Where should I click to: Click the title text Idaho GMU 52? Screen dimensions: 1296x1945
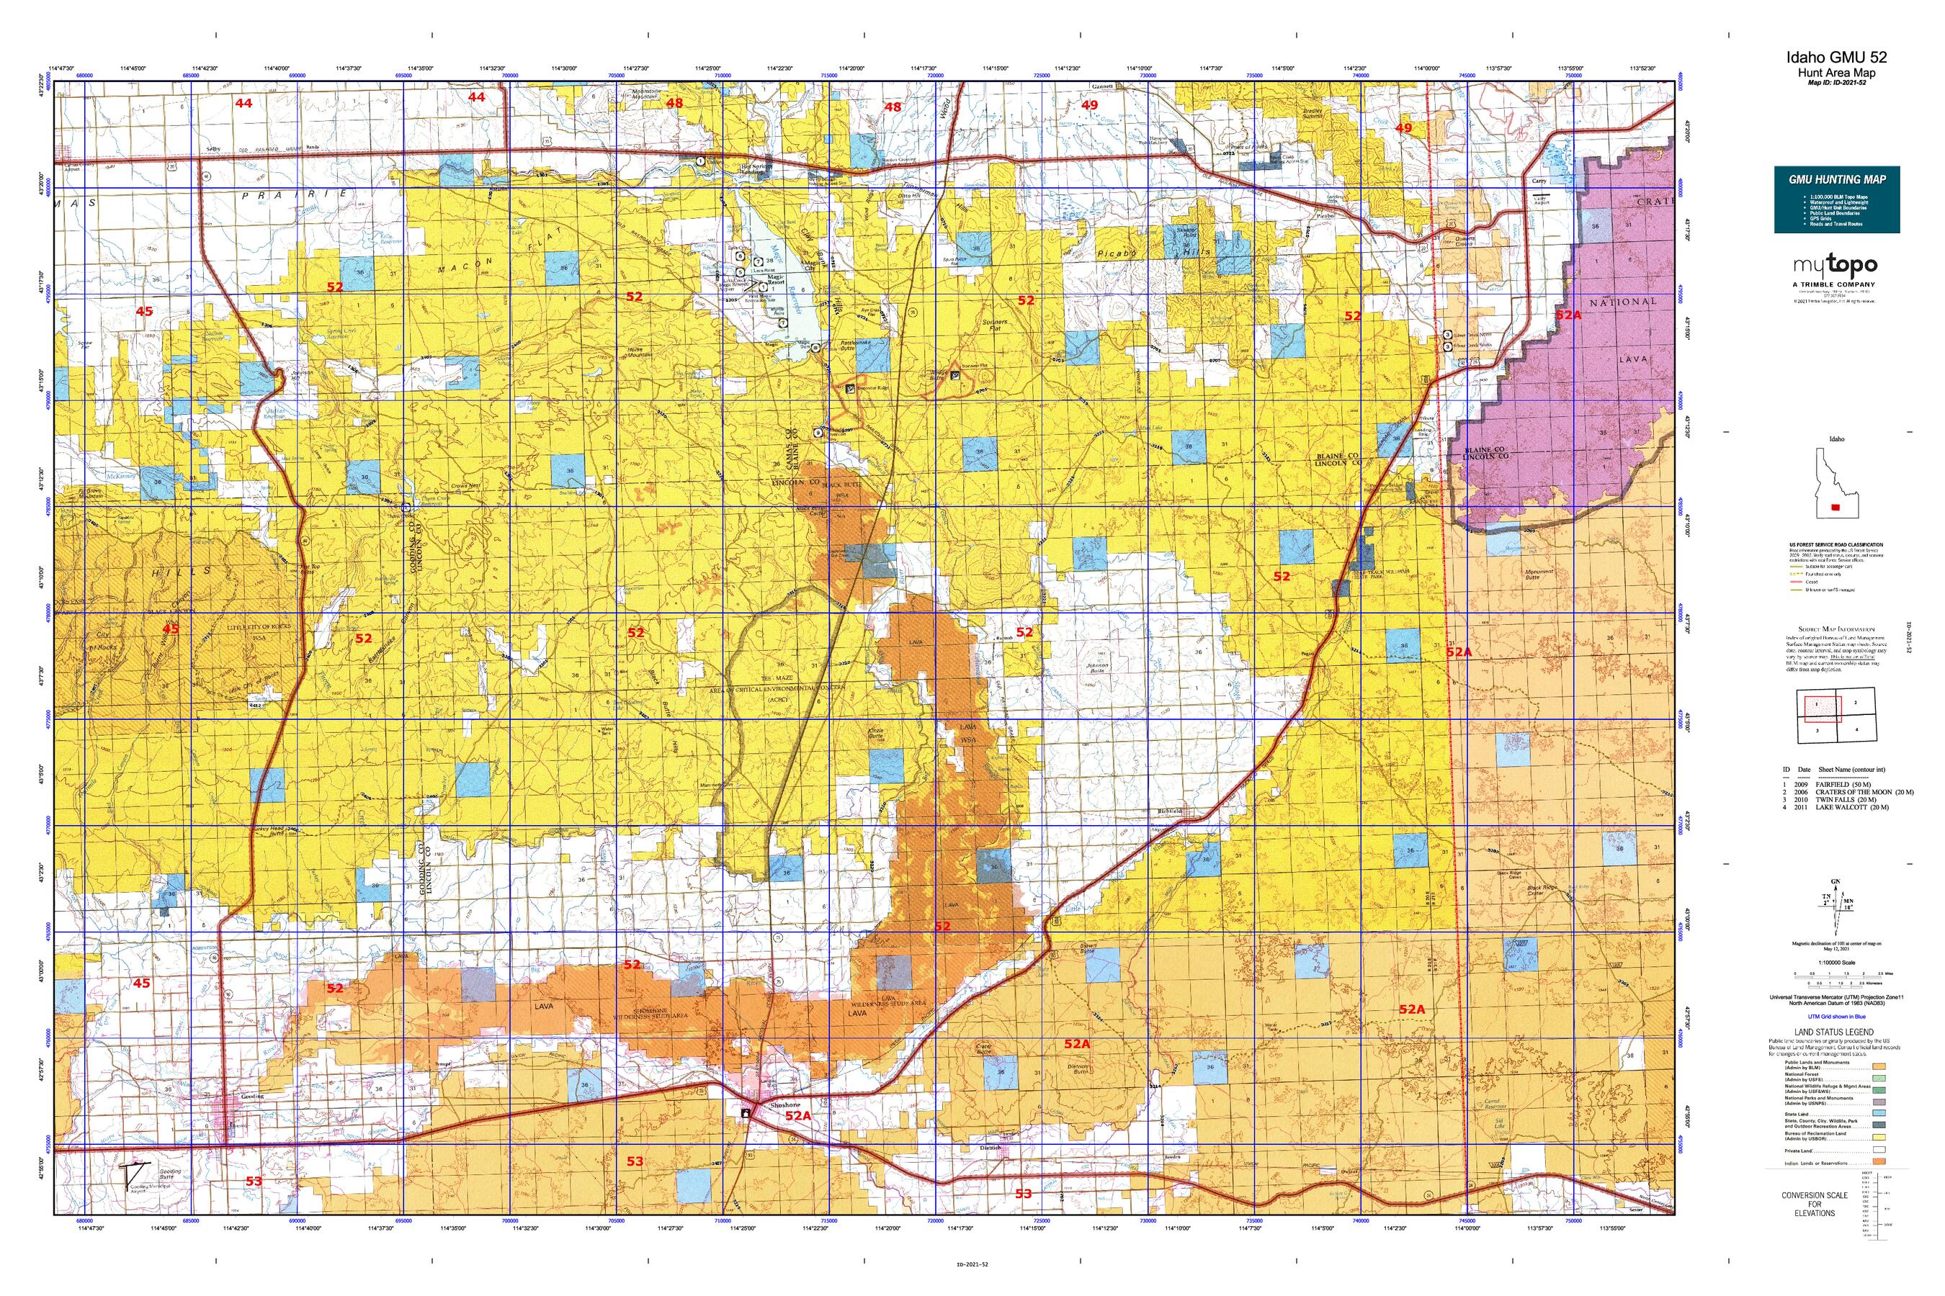(1835, 57)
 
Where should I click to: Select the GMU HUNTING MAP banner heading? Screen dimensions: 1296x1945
(1836, 179)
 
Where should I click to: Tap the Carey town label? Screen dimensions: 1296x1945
(1538, 180)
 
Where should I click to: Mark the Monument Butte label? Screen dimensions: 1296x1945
(1537, 575)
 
